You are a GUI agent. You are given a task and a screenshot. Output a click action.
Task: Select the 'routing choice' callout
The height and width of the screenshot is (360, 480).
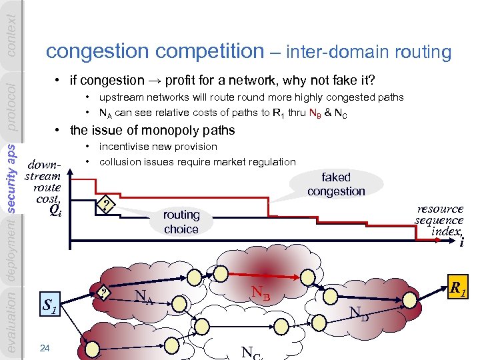click(x=181, y=221)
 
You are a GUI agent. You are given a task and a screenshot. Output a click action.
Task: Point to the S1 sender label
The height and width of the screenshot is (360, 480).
click(x=49, y=307)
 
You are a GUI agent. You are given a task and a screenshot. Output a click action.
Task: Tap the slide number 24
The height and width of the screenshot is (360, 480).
click(x=45, y=347)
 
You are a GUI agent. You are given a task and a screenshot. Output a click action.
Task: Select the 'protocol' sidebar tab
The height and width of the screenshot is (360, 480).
click(x=11, y=106)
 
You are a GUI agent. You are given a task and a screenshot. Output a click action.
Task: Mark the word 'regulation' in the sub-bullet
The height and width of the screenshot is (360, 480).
click(x=271, y=161)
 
